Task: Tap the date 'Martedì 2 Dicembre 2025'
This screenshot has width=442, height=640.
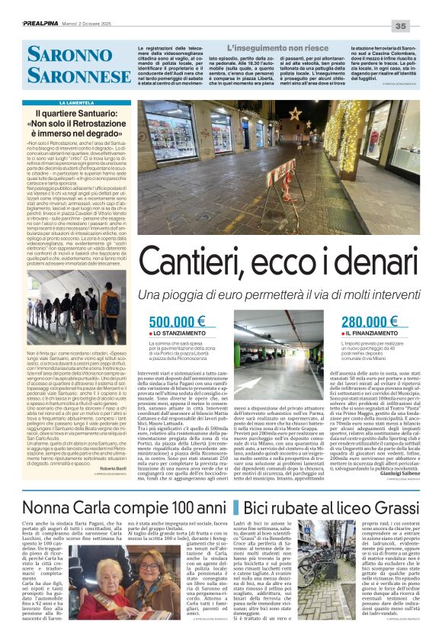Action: [x=98, y=24]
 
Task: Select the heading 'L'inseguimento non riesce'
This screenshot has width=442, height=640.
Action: [x=252, y=47]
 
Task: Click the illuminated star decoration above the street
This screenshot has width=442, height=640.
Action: [x=294, y=114]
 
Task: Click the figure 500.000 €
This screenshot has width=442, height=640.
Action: [x=178, y=323]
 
